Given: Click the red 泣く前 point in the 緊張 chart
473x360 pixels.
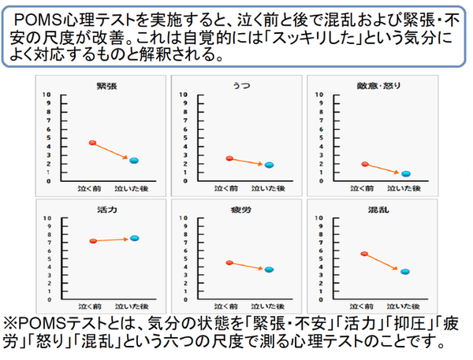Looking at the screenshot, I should (92, 143).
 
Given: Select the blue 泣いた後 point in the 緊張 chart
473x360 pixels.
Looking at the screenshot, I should (134, 161).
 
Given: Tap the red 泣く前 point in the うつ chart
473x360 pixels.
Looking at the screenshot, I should (229, 158).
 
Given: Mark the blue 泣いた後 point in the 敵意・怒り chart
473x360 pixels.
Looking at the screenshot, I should (406, 173).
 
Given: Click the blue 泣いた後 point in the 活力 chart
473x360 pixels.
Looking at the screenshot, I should (135, 238).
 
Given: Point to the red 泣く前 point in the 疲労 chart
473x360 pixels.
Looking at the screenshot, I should (229, 262).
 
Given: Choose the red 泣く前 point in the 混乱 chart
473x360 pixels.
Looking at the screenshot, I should (364, 254).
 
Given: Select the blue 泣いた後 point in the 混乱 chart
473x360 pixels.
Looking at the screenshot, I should (405, 272).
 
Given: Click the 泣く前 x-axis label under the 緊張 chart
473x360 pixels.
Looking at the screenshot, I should (92, 190).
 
